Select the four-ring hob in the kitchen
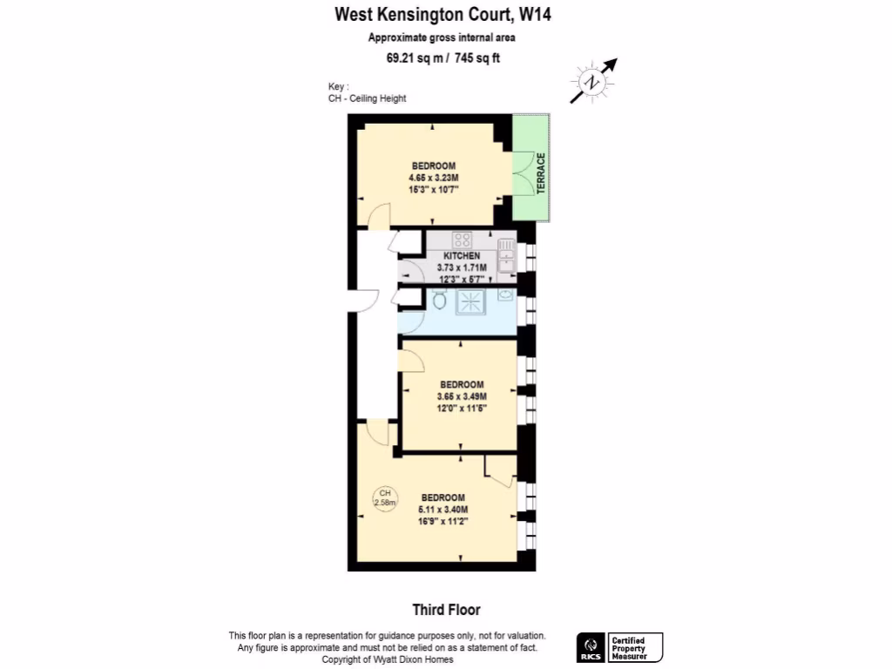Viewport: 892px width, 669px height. [461, 239]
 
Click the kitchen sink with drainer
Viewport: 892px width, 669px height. [506, 255]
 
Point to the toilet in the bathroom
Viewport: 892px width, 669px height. [439, 301]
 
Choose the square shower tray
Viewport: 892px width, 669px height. [470, 301]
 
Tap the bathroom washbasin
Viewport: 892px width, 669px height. [505, 295]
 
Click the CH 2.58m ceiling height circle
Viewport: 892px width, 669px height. [384, 497]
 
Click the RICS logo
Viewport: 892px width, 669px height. [591, 647]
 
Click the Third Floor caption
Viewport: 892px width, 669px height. [446, 610]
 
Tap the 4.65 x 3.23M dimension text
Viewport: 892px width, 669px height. [433, 178]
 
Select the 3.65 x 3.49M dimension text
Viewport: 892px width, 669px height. [462, 396]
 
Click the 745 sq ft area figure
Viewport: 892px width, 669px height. [476, 58]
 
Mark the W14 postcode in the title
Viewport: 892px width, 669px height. [536, 14]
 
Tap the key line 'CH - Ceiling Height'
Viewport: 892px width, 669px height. [367, 98]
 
